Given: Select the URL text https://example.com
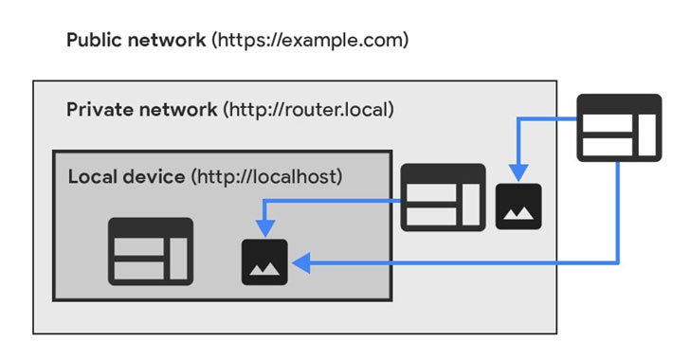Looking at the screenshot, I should coord(311,41).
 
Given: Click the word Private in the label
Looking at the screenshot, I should coord(96,109).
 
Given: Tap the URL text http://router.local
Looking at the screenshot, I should coord(308,109).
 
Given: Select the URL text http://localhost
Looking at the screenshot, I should coord(266,176).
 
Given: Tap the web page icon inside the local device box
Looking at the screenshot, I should coord(150,251).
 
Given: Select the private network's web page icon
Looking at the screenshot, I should coord(443,197).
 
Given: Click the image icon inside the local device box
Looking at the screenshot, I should coord(264,262).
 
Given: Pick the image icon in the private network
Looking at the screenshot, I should coord(518,206).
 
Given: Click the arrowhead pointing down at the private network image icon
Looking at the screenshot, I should coord(518,171).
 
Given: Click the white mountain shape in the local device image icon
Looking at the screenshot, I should coord(264,269).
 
